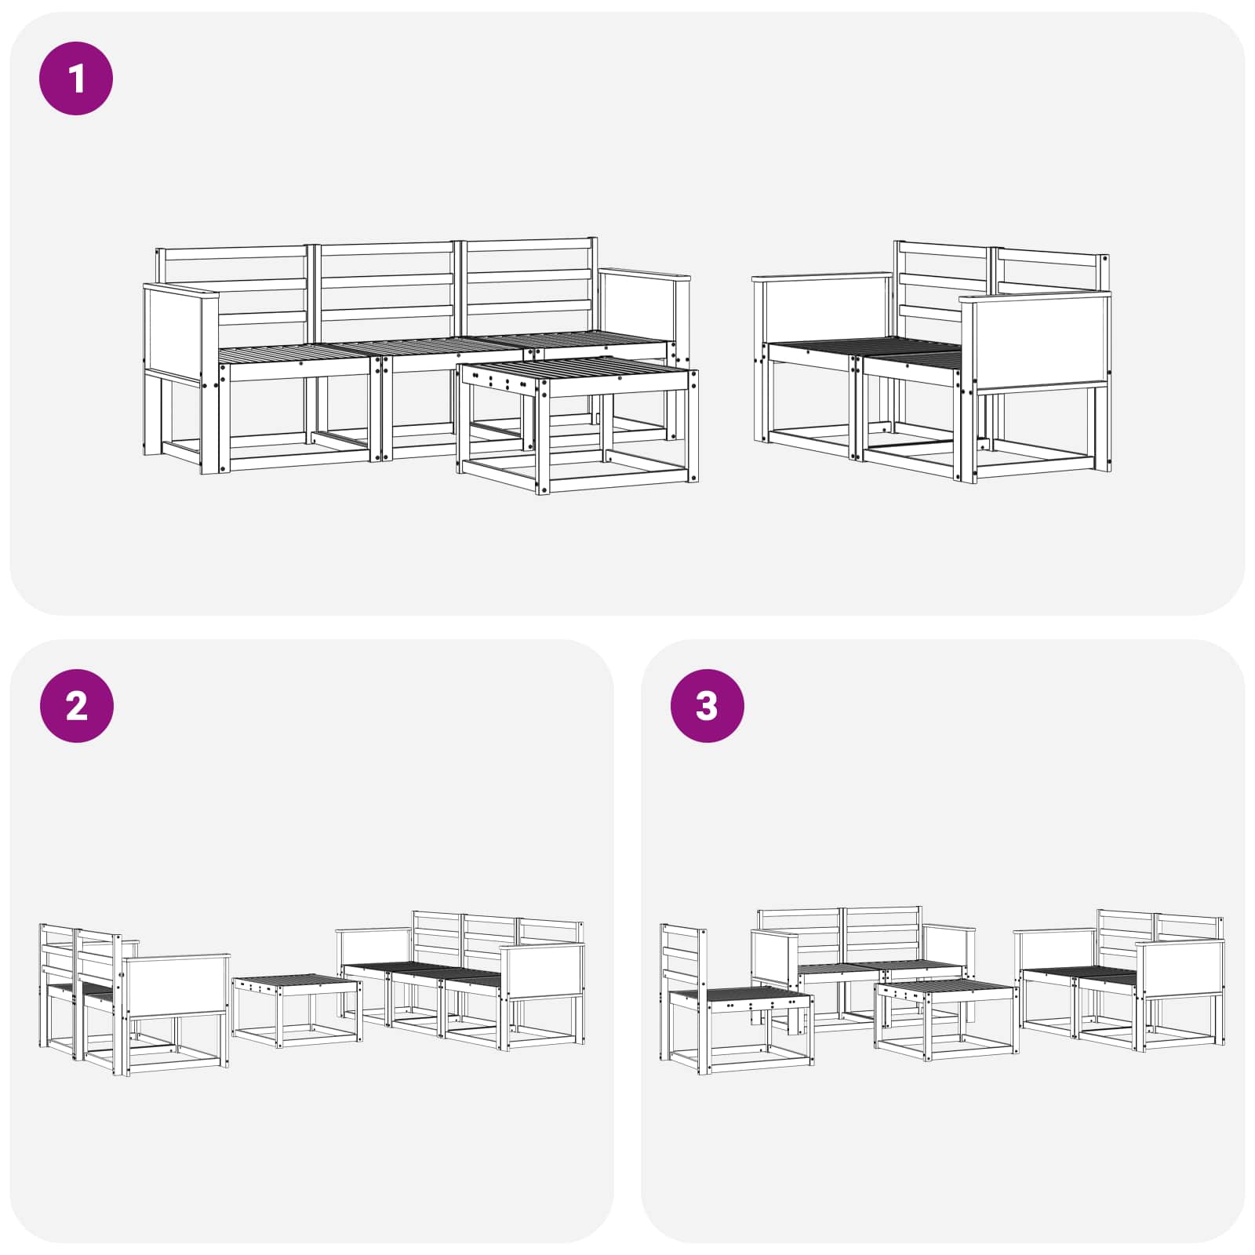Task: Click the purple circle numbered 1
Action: tap(76, 79)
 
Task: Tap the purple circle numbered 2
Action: tap(76, 706)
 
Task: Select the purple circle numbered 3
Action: tap(707, 706)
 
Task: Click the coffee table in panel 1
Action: tap(578, 424)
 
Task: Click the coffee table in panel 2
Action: tap(297, 1011)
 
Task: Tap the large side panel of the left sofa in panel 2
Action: tap(176, 986)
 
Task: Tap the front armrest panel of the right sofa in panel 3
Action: tap(1180, 969)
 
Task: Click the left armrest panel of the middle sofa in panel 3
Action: tap(773, 958)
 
